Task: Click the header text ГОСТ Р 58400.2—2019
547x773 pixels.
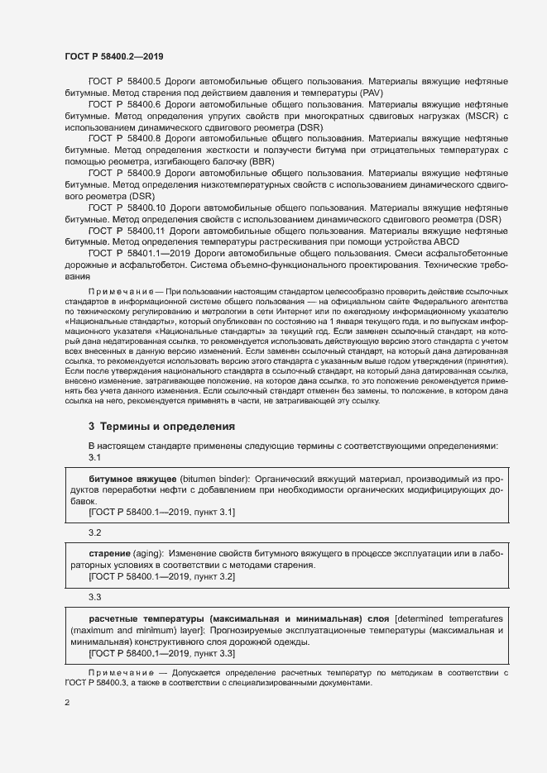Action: (113, 57)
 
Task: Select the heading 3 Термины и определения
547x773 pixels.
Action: (161, 426)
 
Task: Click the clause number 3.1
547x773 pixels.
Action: (94, 458)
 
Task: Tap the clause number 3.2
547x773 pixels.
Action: (94, 532)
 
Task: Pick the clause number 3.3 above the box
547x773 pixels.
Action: (94, 596)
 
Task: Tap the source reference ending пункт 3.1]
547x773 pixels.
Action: (161, 513)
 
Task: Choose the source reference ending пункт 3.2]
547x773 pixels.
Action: (161, 576)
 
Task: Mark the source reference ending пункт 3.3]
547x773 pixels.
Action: (161, 653)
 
